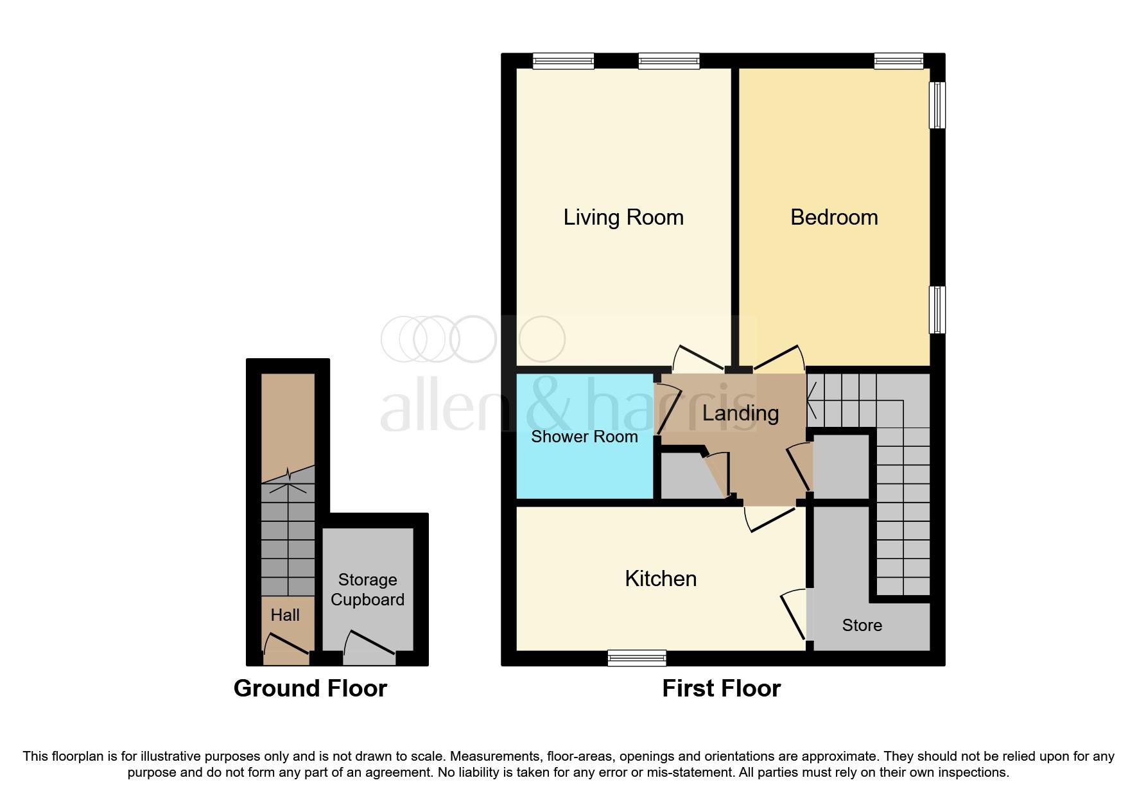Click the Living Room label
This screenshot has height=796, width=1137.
[623, 217]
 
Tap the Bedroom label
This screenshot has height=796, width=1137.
[833, 217]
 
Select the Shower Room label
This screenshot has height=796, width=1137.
[584, 437]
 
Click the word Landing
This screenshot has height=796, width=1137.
[740, 413]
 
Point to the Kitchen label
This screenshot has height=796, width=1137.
[661, 578]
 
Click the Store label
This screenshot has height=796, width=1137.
[862, 625]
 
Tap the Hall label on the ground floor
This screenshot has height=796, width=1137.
[285, 615]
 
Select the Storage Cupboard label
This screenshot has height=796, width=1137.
[367, 589]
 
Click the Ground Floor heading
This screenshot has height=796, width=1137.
[310, 688]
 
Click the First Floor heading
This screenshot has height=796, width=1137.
[721, 688]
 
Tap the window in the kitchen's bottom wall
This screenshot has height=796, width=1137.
[637, 657]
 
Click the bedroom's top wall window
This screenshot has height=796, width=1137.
[898, 61]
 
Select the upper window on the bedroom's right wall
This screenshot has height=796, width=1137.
[937, 105]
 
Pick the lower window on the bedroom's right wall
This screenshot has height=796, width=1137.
[937, 309]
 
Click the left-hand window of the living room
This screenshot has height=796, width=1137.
[564, 61]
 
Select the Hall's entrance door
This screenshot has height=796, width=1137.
[287, 645]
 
